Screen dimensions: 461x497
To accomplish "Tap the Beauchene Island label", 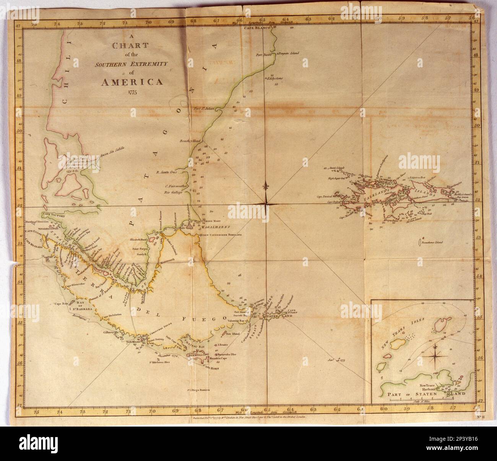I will pyautogui.click(x=432, y=242).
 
